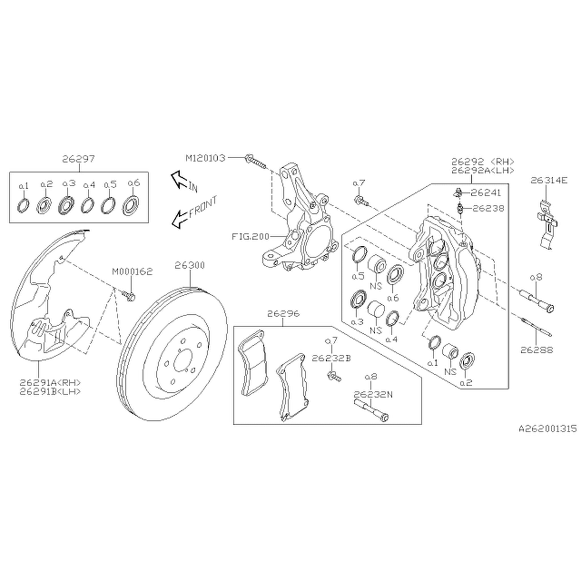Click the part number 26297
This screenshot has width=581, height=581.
pyautogui.click(x=79, y=159)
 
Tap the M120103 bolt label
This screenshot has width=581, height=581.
pyautogui.click(x=205, y=158)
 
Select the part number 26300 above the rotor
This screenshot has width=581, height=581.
pyautogui.click(x=190, y=265)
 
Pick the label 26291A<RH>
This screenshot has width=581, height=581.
pyautogui.click(x=50, y=382)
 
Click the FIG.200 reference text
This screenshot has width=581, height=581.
pyautogui.click(x=250, y=237)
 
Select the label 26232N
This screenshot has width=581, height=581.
pyautogui.click(x=373, y=394)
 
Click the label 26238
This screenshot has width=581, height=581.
pyautogui.click(x=488, y=208)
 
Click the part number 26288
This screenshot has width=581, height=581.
pyautogui.click(x=537, y=350)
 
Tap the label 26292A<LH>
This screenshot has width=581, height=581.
pyautogui.click(x=483, y=170)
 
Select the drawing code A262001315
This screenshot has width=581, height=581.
pyautogui.click(x=548, y=429)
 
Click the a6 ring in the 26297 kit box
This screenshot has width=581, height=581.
pyautogui.click(x=131, y=205)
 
